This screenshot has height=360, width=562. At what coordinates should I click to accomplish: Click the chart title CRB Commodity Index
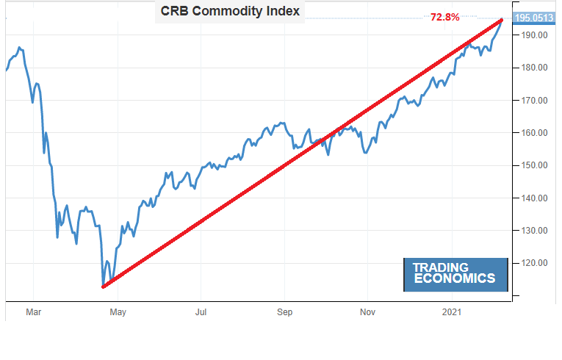click(229, 12)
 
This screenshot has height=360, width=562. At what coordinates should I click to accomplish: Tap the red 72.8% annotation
click(445, 16)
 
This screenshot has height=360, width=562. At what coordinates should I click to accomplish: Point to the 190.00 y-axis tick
click(531, 35)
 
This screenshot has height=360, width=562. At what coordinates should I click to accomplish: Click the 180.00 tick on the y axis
click(531, 68)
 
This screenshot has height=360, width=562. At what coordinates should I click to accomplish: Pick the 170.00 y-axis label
click(531, 101)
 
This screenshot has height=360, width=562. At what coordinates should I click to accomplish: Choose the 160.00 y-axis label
click(531, 133)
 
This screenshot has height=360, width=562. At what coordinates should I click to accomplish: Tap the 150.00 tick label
click(531, 165)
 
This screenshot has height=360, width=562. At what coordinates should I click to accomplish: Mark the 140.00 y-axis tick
click(531, 198)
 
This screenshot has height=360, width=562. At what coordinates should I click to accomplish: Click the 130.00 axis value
click(531, 231)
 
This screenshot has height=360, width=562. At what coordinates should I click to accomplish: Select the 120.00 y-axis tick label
click(531, 263)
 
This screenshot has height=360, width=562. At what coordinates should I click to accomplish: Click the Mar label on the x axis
click(34, 312)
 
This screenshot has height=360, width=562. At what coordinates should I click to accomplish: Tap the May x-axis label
click(118, 312)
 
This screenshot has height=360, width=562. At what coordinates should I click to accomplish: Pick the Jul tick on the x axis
click(201, 312)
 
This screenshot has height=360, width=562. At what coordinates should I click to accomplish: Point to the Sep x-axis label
click(285, 312)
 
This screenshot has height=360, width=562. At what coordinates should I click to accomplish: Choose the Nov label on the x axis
click(368, 312)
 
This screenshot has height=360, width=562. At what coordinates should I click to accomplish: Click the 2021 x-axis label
click(451, 312)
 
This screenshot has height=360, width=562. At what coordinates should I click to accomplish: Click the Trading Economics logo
click(455, 274)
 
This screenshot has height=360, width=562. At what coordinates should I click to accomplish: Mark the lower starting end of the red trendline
click(104, 287)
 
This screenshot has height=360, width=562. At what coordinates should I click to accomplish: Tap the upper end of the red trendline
click(502, 20)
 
